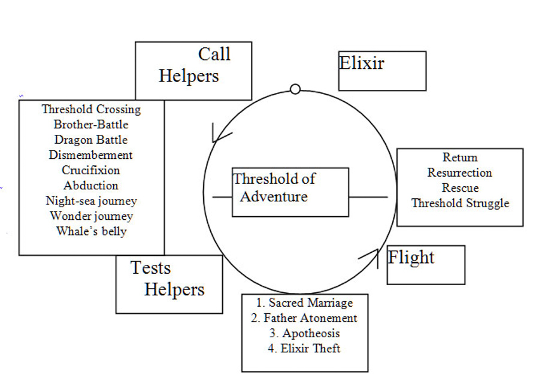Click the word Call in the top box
point(214,55)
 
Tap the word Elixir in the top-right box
point(362,63)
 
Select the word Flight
point(411,258)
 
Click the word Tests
point(151,268)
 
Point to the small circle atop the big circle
point(295,89)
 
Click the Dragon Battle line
point(91,140)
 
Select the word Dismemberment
point(91,155)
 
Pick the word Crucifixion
point(91,170)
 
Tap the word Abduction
point(91,186)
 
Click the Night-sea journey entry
point(91,201)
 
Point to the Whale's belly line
point(91,231)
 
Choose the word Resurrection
point(459,173)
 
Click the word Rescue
point(460,188)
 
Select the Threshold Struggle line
point(460,203)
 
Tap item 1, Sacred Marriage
point(304,303)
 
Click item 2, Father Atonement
point(304,318)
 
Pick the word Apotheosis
point(304,334)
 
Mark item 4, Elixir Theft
point(304,349)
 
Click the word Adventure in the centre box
point(274,196)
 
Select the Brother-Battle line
point(91,125)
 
